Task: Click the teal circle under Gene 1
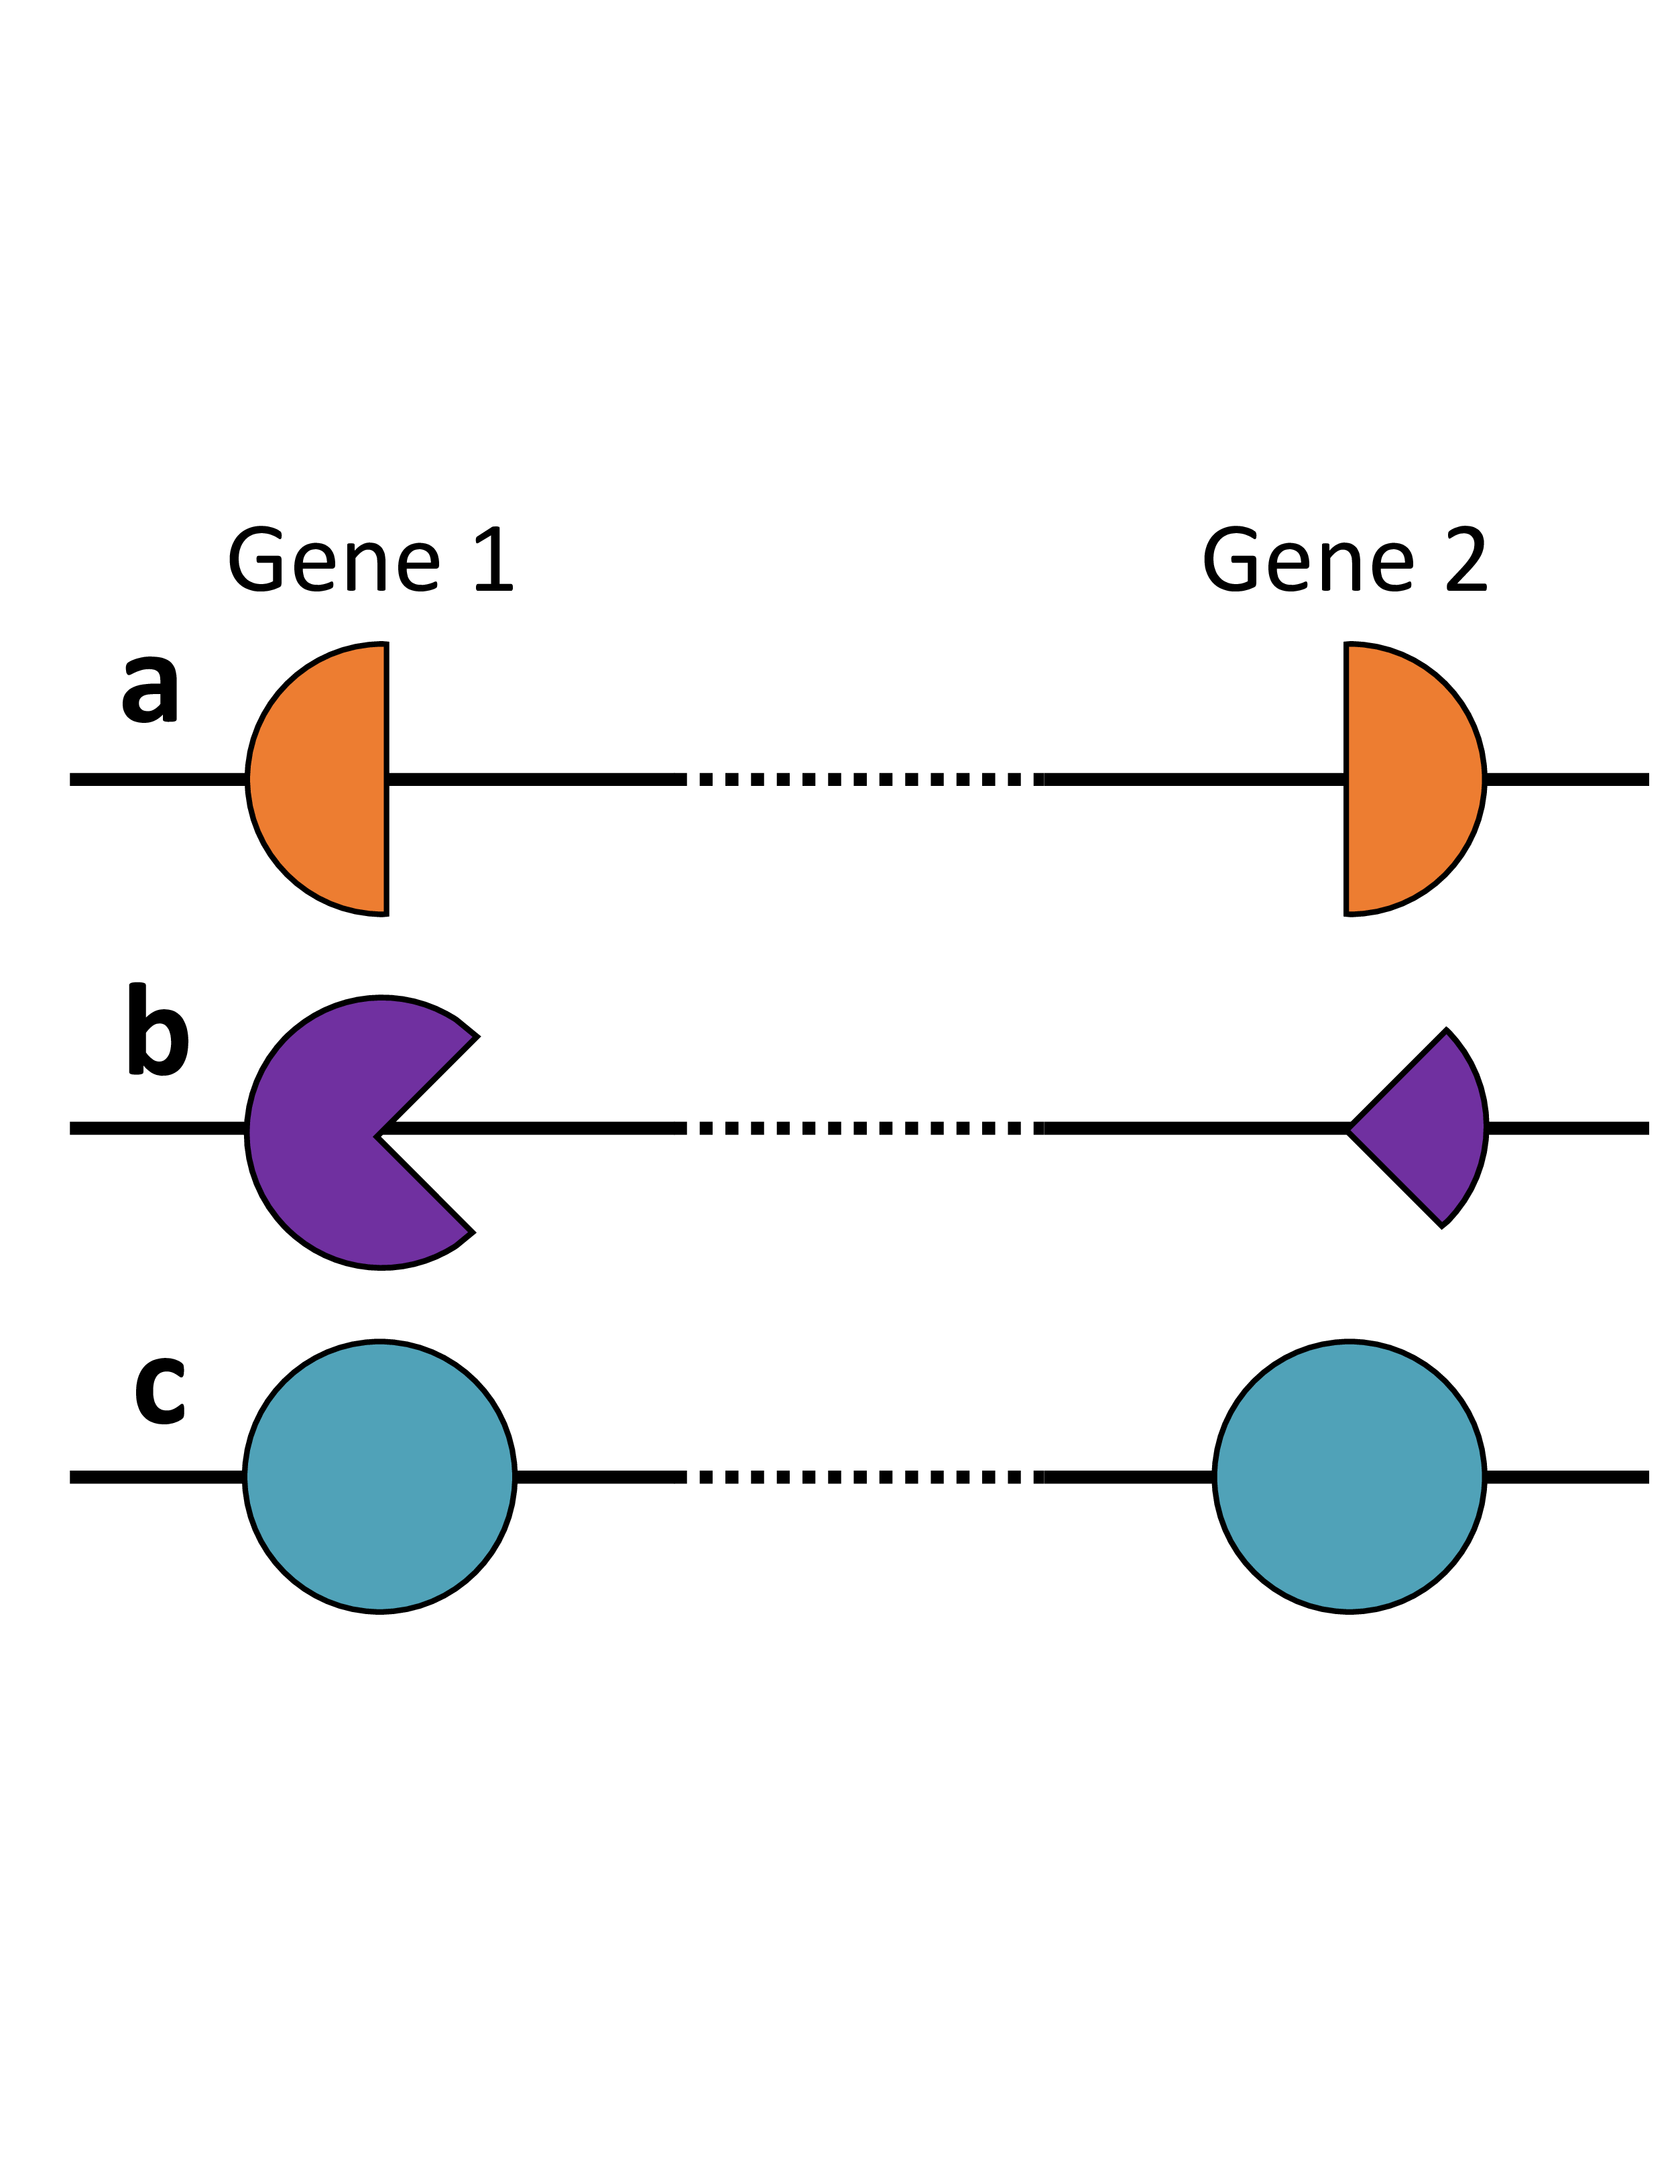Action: (x=380, y=1477)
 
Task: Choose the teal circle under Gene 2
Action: (x=1349, y=1477)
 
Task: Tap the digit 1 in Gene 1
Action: (x=495, y=560)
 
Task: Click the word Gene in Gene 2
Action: (x=1308, y=561)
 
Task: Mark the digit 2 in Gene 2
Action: (x=1467, y=560)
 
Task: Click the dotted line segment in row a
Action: (x=863, y=779)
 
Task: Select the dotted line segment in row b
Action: (x=863, y=1129)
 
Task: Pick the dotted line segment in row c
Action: (x=863, y=1477)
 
